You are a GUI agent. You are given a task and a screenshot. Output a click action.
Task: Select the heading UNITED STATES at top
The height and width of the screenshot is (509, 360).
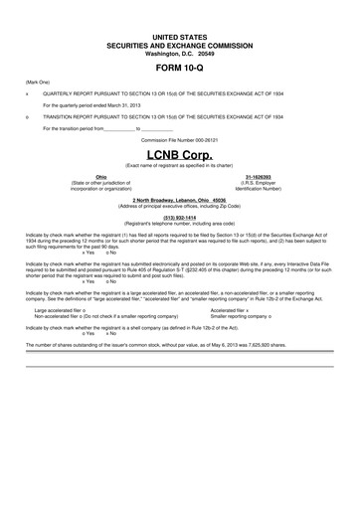point(180,36)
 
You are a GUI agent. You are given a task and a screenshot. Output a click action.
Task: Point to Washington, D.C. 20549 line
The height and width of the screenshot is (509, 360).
point(180,53)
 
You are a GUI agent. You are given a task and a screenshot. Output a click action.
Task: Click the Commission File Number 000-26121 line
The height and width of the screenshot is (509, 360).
point(180,140)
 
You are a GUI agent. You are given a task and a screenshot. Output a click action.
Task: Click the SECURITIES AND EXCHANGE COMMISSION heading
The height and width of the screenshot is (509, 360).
point(180,45)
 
